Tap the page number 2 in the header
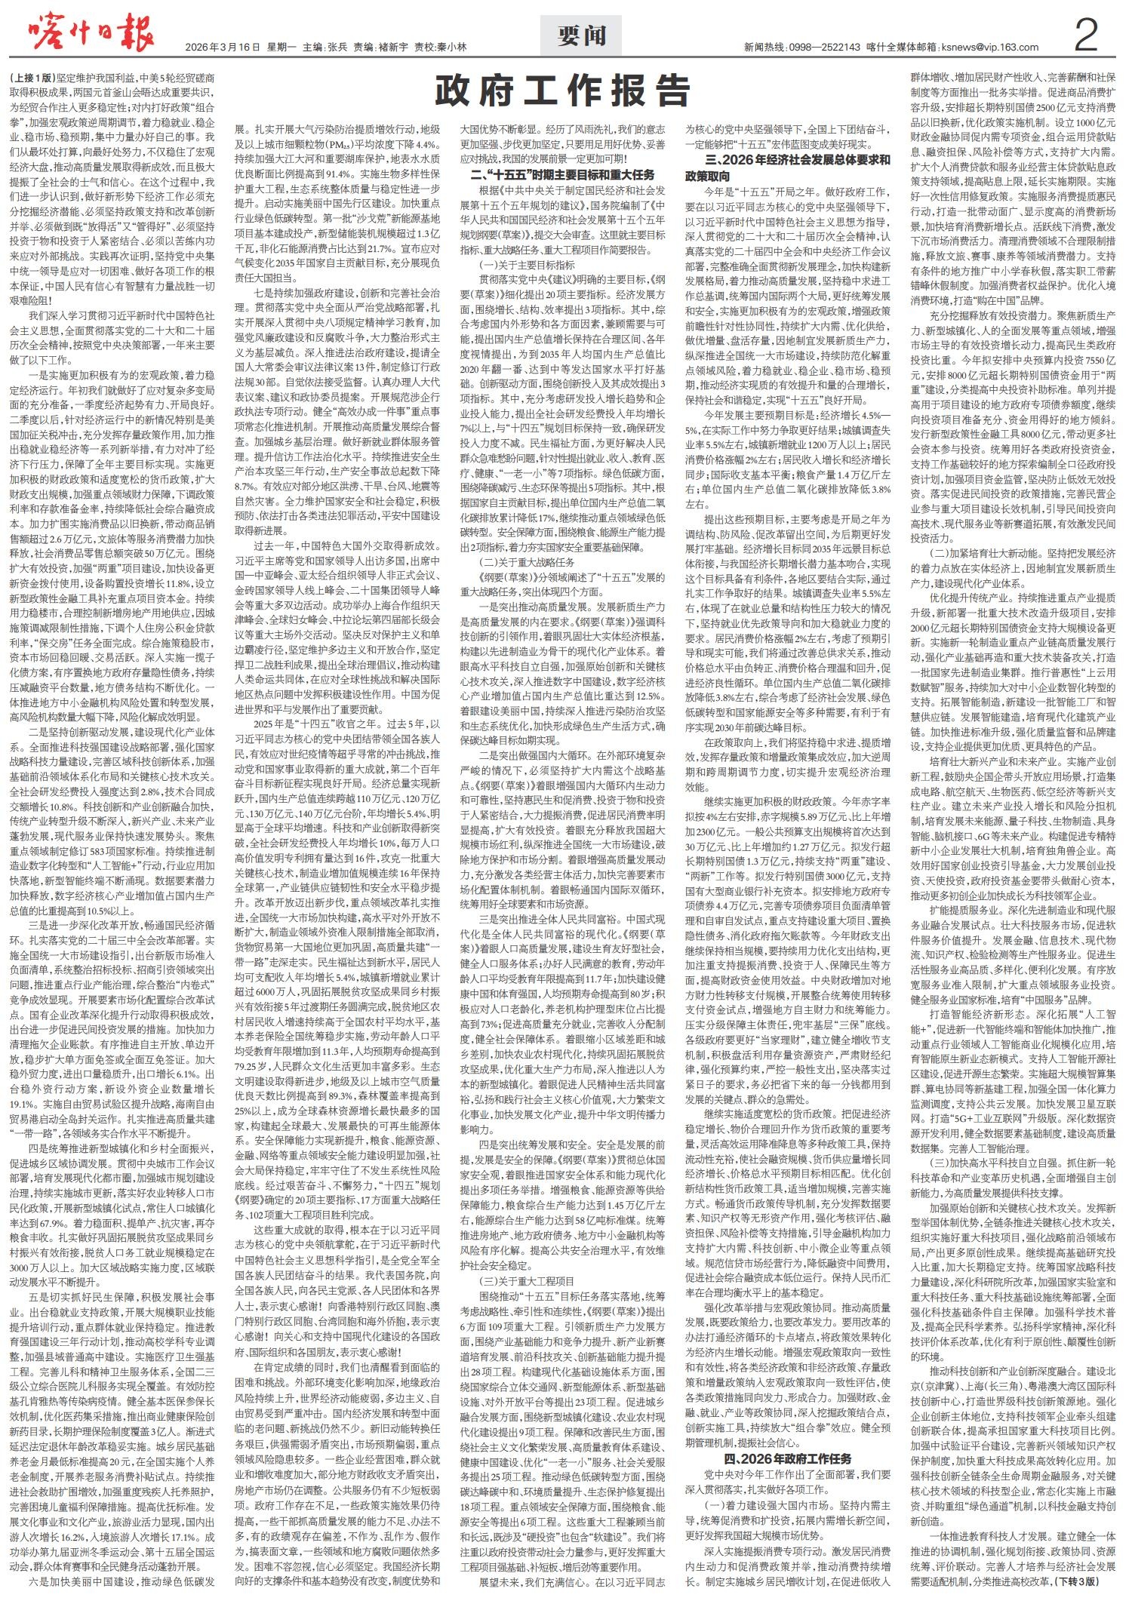1085,36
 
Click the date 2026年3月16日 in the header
223,47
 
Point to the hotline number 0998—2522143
825,47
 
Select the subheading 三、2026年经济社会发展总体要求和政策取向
788,167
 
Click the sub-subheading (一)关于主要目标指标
527,265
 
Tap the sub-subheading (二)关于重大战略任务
527,562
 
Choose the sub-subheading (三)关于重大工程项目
527,1281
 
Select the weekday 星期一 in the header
281,47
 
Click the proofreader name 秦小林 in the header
451,47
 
